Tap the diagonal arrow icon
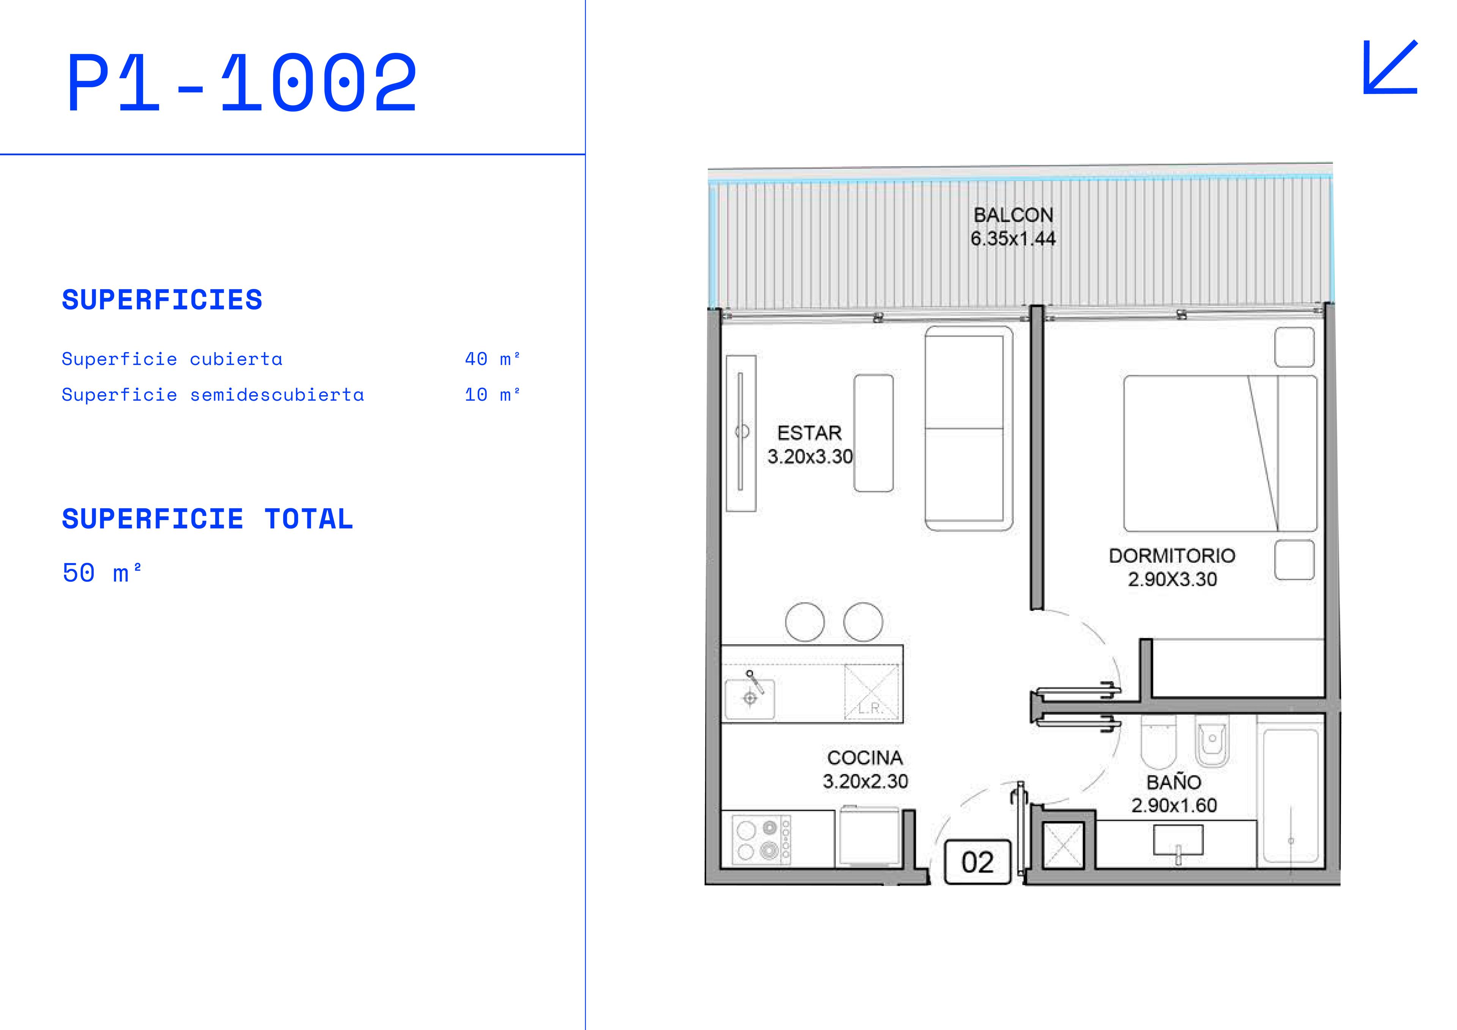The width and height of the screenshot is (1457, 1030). point(1390,67)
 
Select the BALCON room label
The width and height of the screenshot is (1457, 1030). point(1013,215)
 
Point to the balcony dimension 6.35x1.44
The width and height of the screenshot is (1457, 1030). point(1013,239)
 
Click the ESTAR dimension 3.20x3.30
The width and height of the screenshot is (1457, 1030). point(810,456)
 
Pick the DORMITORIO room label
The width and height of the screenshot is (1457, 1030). point(1172,556)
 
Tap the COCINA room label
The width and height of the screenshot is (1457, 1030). point(865,758)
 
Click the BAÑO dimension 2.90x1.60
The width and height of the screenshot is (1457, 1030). point(1174,805)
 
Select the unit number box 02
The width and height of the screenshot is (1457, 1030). point(977,862)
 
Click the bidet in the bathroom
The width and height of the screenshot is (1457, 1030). point(1212,741)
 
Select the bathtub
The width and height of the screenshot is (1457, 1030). point(1291,796)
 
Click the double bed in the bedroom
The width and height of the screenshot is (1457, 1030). point(1219,453)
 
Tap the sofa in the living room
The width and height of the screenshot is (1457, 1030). point(968,428)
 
